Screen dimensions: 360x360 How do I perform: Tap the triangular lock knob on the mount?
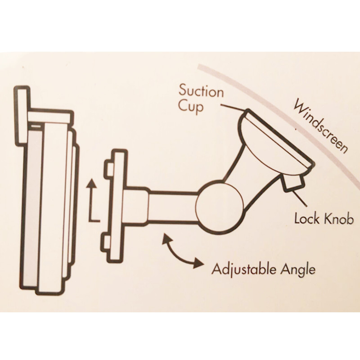click(289, 183)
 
